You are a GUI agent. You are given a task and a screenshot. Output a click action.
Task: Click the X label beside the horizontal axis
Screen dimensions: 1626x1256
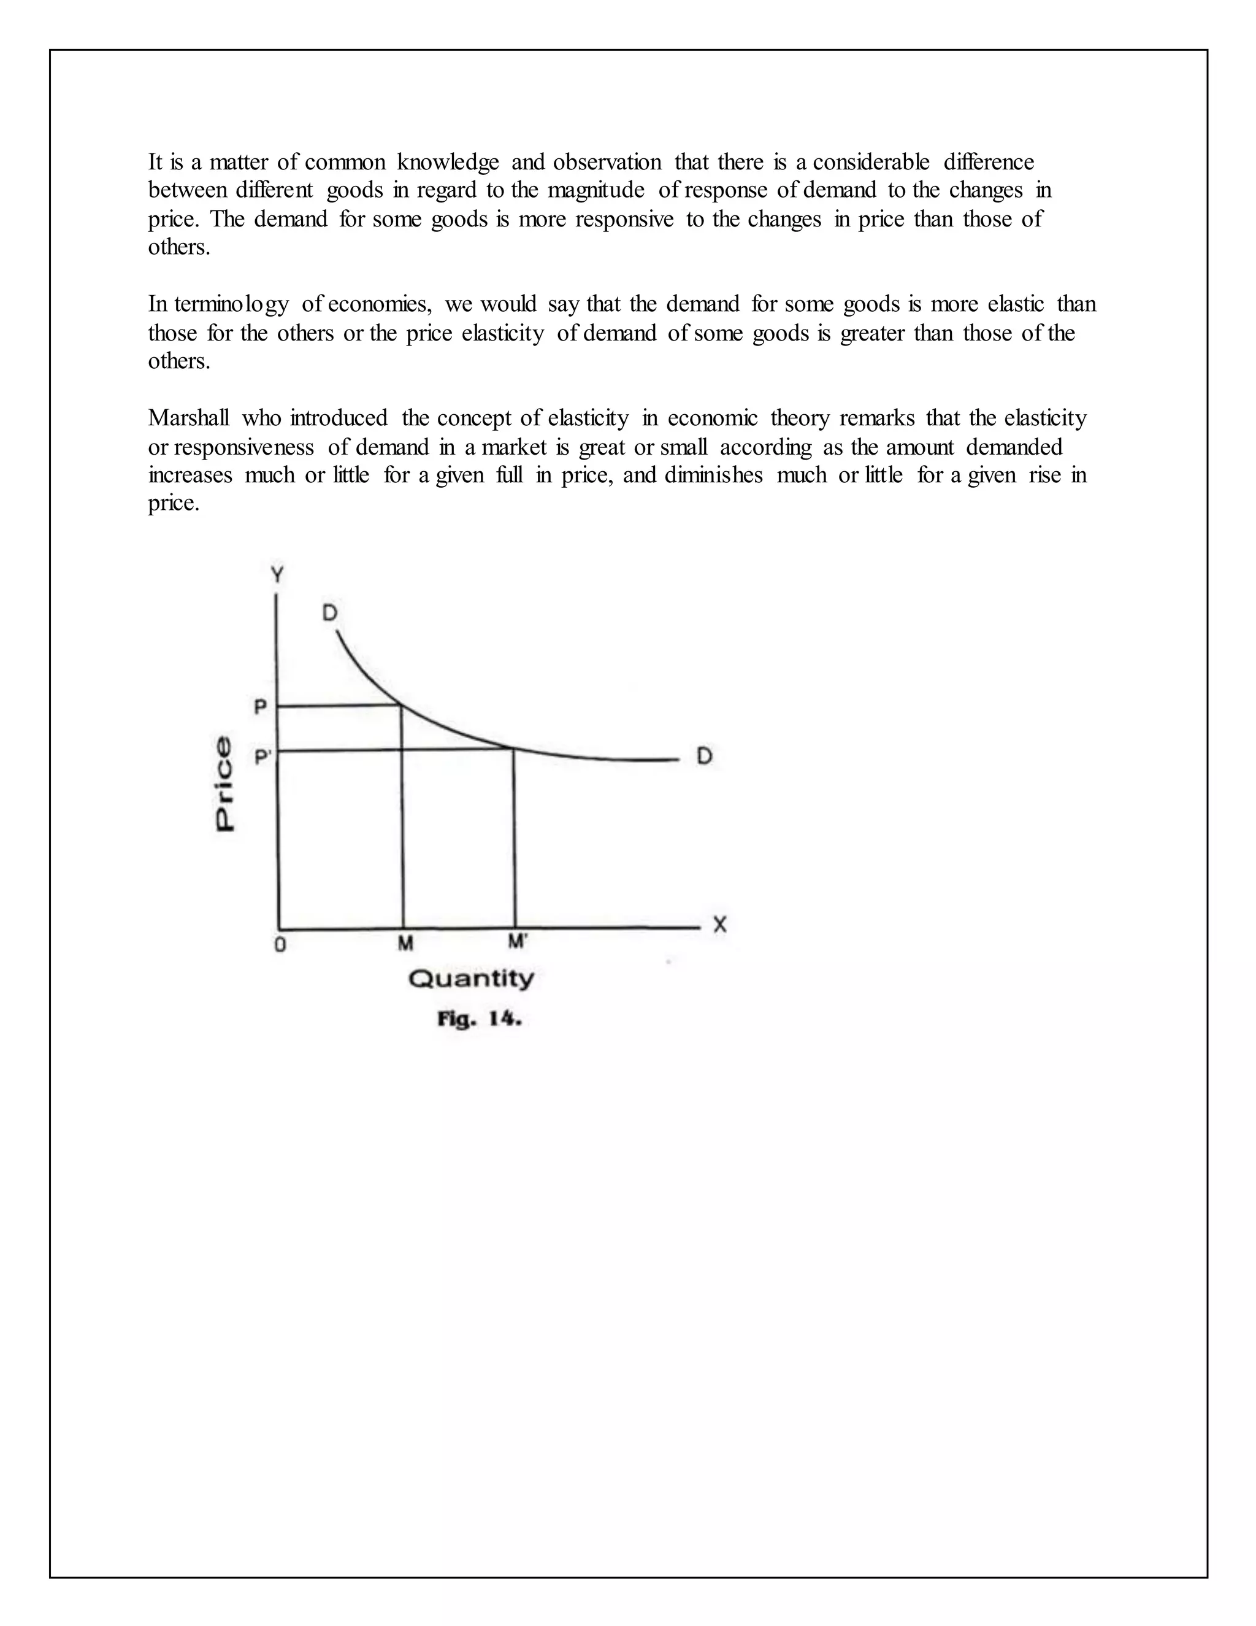point(719,925)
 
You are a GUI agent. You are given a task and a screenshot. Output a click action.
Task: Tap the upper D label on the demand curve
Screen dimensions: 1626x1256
point(329,613)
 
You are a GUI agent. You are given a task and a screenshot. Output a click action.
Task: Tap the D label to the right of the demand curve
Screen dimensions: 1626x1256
point(704,757)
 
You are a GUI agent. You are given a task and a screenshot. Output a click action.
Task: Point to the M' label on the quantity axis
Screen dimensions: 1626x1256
point(517,942)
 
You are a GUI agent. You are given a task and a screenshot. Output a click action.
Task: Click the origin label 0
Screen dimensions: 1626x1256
point(280,946)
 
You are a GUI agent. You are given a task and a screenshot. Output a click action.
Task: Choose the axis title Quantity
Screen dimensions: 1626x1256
point(471,978)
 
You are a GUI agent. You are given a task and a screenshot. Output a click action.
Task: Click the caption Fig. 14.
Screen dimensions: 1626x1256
point(479,1019)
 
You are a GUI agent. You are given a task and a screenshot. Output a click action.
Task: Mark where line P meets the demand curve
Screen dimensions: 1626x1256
point(402,704)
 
